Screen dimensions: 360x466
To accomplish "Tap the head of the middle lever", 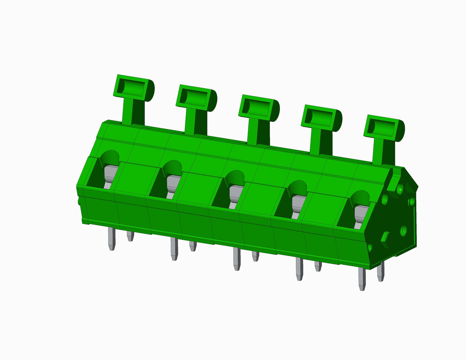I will [x=259, y=108].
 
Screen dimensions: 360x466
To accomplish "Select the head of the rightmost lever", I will [x=384, y=128].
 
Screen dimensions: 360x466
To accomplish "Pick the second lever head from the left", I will [x=196, y=98].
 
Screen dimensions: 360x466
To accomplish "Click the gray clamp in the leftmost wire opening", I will [x=110, y=176].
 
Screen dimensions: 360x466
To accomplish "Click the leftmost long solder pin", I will [x=112, y=238].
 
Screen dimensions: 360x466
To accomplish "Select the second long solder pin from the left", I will [x=174, y=248].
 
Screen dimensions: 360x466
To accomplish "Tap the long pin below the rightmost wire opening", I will [x=362, y=279].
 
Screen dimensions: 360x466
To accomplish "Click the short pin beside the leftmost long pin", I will [x=130, y=236].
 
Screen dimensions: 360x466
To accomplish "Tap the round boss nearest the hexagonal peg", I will [x=403, y=231].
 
